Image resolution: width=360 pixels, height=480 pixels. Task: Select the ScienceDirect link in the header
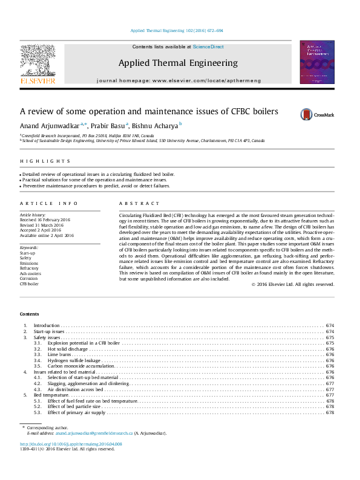(208, 47)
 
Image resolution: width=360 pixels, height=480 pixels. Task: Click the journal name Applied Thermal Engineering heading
(178, 63)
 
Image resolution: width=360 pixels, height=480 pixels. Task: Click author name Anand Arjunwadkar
(45, 125)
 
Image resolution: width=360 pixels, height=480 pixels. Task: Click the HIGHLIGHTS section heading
(45, 161)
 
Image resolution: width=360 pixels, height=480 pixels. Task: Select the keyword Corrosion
(30, 278)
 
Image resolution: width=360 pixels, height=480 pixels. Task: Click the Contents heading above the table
(29, 314)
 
